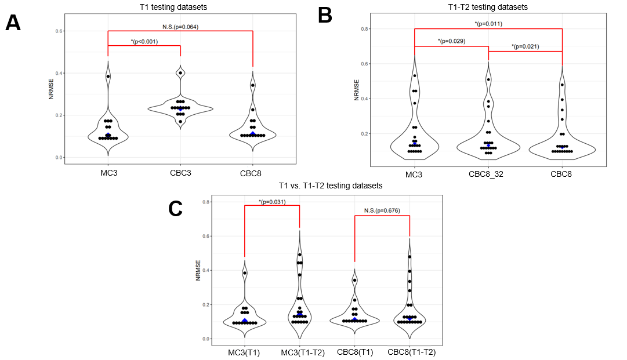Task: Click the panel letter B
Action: [325, 14]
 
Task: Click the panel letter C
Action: [176, 209]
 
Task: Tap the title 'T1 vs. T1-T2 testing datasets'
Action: [331, 186]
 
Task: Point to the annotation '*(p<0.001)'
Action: [144, 41]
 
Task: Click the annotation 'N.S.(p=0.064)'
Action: [180, 27]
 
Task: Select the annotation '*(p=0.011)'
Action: [488, 24]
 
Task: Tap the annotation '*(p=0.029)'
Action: [451, 41]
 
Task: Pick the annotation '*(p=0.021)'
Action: [525, 46]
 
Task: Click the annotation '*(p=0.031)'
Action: [272, 201]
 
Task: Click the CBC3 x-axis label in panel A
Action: [180, 173]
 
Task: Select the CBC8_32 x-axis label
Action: [488, 173]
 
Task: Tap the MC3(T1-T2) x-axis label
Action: [300, 352]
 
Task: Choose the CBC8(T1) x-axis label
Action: [355, 352]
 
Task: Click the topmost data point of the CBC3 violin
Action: [180, 73]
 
